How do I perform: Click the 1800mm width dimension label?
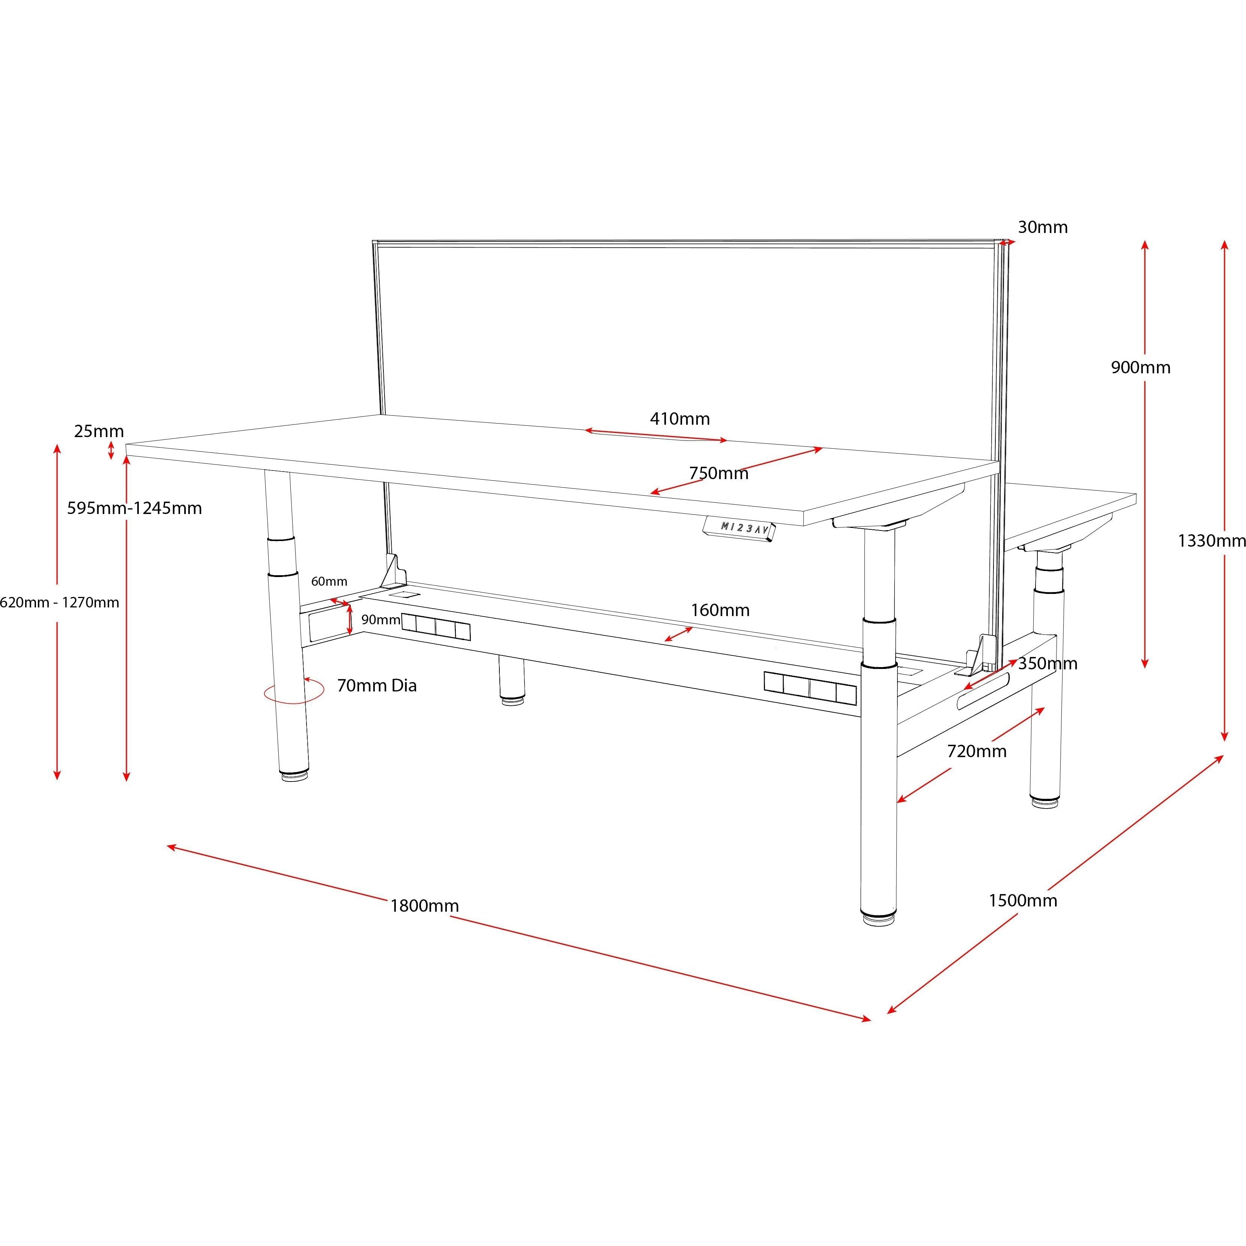[424, 905]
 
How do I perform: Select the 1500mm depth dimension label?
[1023, 900]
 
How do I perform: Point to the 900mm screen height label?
[1140, 368]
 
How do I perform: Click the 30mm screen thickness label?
[1043, 227]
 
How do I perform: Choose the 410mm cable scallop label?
[680, 419]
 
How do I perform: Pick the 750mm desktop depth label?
[718, 473]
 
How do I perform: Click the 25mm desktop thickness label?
[99, 431]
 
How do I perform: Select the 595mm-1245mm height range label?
[134, 508]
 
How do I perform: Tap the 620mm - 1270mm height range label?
[59, 602]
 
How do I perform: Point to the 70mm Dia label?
[377, 685]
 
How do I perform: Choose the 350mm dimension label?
[1048, 664]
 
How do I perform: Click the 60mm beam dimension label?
[329, 581]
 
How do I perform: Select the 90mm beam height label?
[380, 620]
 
